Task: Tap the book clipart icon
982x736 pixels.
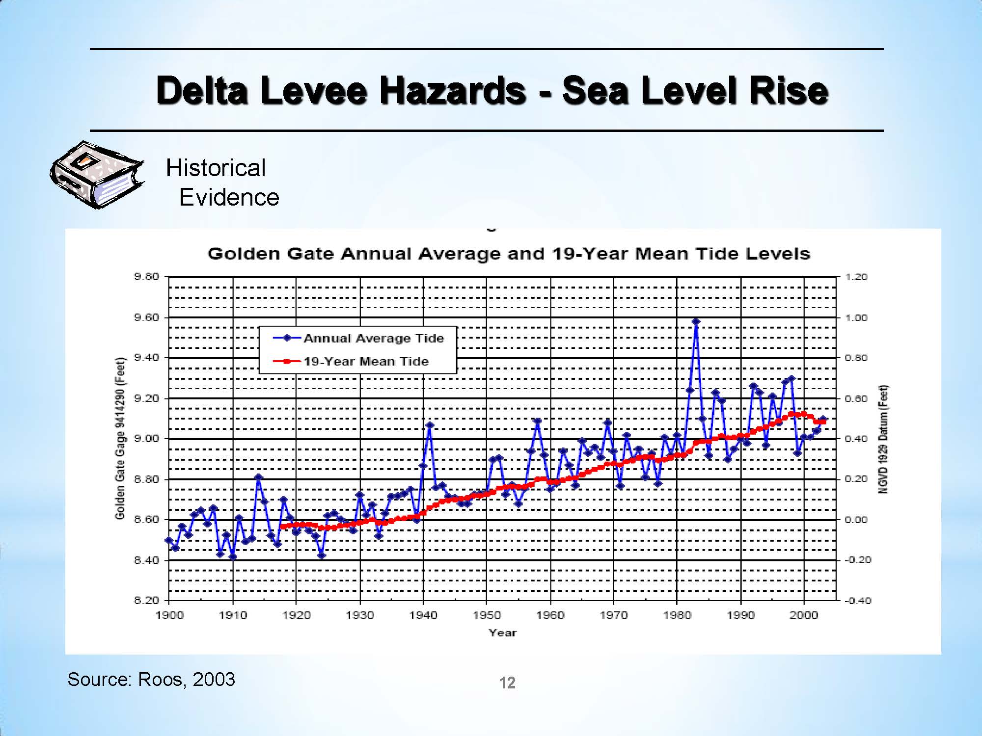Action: (x=97, y=175)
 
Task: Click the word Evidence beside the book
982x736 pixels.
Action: (x=229, y=197)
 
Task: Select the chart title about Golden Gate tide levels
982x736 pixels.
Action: (x=508, y=254)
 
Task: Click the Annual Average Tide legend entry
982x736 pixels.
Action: (x=373, y=338)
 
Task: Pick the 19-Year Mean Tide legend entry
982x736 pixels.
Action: (x=366, y=362)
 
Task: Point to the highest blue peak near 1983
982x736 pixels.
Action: (x=696, y=322)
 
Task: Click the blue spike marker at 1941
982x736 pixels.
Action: (x=430, y=425)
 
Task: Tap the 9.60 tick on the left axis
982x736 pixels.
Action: (x=147, y=317)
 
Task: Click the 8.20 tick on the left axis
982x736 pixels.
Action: (x=147, y=600)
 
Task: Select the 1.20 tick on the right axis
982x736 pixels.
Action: (x=856, y=277)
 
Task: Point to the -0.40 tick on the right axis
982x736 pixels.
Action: (x=857, y=601)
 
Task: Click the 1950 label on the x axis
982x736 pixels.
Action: (x=487, y=615)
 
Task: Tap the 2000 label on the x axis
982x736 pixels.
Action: (x=804, y=615)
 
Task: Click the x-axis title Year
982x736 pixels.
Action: (x=502, y=633)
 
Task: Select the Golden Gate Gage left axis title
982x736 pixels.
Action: (x=120, y=438)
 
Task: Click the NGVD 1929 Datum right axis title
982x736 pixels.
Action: (x=883, y=439)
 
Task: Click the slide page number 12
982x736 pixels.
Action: (x=507, y=683)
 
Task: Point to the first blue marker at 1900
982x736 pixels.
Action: (x=169, y=540)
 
